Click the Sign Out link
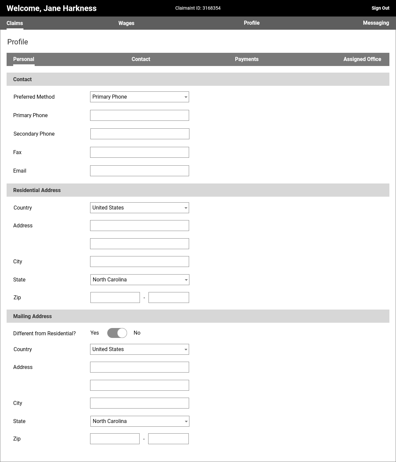(380, 8)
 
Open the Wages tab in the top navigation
(126, 23)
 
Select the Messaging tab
(376, 23)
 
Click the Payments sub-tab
(247, 59)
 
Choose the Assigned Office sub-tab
(362, 59)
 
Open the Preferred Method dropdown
(140, 97)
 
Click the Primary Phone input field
(140, 115)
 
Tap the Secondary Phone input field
(140, 134)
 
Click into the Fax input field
(140, 152)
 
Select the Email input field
(140, 171)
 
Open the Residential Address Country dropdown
(140, 208)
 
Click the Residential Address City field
(140, 262)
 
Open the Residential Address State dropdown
(140, 280)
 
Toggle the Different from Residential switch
(117, 333)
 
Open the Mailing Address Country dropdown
(140, 349)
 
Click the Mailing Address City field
(140, 403)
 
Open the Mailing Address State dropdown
(140, 421)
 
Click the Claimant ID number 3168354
(211, 8)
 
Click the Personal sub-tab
(24, 59)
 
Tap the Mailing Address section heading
(32, 316)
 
